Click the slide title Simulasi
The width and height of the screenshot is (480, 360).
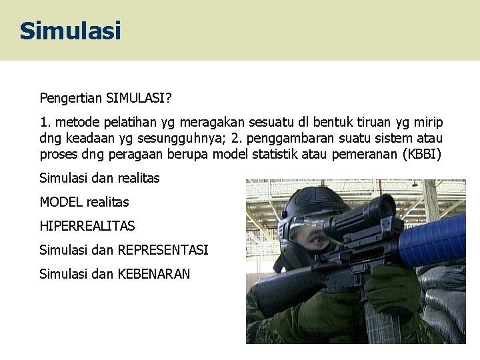click(70, 31)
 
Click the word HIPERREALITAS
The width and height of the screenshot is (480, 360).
click(87, 226)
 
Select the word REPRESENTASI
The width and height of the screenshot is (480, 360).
click(163, 250)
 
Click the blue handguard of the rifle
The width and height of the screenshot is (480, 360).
click(433, 240)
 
